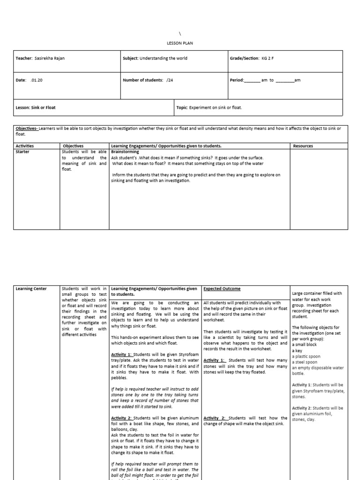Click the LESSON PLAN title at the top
pyautogui.click(x=180, y=43)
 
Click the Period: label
pyautogui.click(x=237, y=80)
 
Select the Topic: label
pyautogui.click(x=182, y=107)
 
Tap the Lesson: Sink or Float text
pyautogui.click(x=36, y=107)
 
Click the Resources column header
pyautogui.click(x=303, y=146)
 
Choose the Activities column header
pyautogui.click(x=25, y=146)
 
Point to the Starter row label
pyautogui.click(x=22, y=152)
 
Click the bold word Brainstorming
pyautogui.click(x=126, y=152)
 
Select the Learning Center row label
pyautogui.click(x=31, y=289)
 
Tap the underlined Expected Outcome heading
pyautogui.click(x=222, y=289)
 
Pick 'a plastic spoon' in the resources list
pyautogui.click(x=306, y=356)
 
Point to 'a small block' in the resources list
pyautogui.click(x=305, y=345)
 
